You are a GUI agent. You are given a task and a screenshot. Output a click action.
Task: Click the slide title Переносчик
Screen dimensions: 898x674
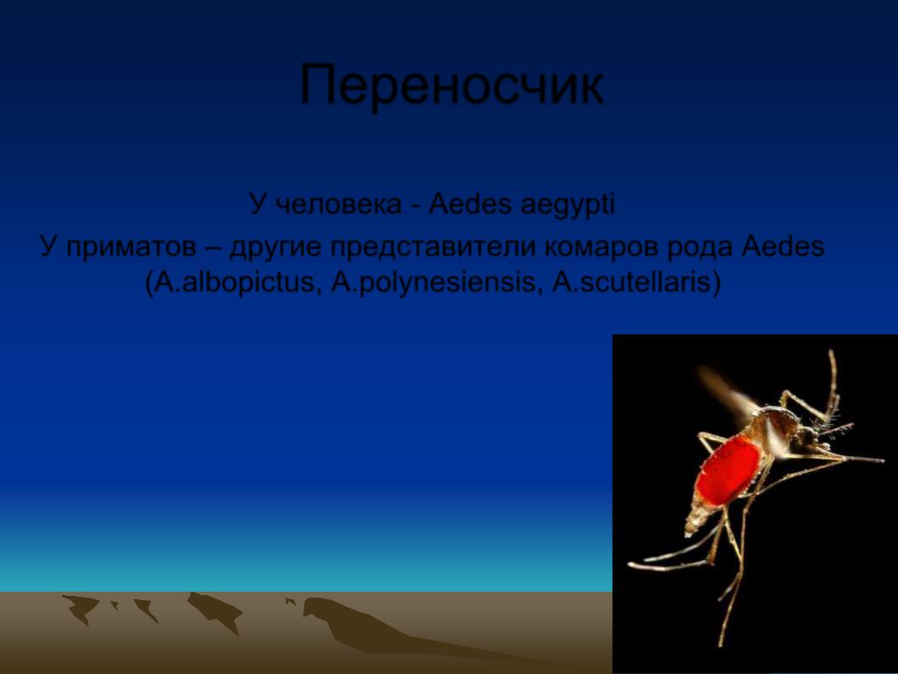[452, 86]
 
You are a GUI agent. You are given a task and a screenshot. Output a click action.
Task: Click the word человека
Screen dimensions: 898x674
[339, 205]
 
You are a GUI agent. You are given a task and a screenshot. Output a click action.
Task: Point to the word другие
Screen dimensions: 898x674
[274, 248]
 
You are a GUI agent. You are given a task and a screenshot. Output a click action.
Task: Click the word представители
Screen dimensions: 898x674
[432, 248]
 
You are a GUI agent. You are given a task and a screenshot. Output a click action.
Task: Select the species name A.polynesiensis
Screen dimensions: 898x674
[436, 283]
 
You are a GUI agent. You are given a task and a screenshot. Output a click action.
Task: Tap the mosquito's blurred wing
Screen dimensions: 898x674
[727, 390]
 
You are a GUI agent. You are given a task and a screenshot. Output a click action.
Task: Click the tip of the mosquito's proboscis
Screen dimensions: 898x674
[883, 460]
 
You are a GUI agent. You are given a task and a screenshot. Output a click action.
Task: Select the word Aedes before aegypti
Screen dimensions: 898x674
[470, 205]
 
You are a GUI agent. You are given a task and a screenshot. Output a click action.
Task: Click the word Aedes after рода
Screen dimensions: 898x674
[783, 247]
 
